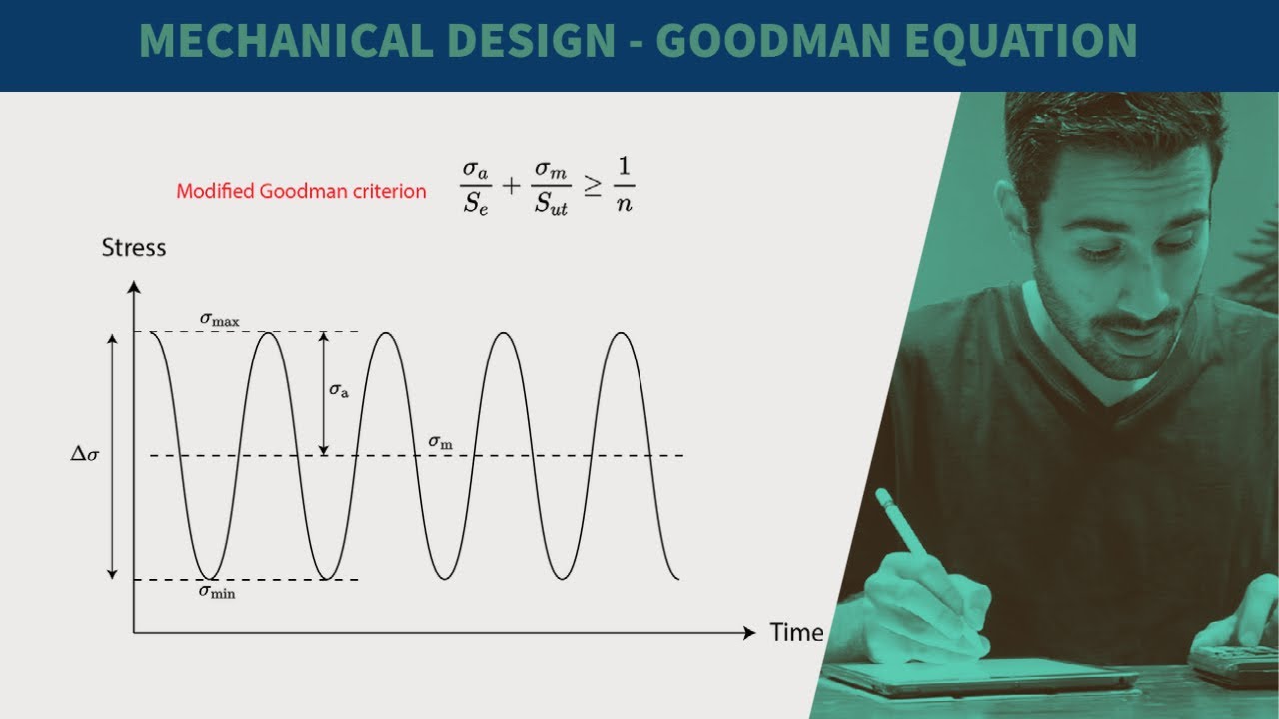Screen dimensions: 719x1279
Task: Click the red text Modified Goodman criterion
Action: pyautogui.click(x=301, y=191)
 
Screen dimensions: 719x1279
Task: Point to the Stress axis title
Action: pyautogui.click(x=134, y=247)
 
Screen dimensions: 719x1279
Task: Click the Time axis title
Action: pyautogui.click(x=796, y=632)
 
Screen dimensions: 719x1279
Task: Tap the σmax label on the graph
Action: pyautogui.click(x=219, y=319)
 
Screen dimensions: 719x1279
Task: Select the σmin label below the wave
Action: pyautogui.click(x=217, y=591)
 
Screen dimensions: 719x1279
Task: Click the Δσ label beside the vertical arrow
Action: pyautogui.click(x=85, y=456)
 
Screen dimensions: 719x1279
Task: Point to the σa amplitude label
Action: pyautogui.click(x=339, y=390)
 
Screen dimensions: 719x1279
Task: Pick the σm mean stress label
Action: pyautogui.click(x=440, y=441)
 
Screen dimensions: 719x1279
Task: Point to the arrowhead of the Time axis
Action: pyautogui.click(x=749, y=633)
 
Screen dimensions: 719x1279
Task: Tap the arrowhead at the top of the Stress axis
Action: pyautogui.click(x=134, y=287)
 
